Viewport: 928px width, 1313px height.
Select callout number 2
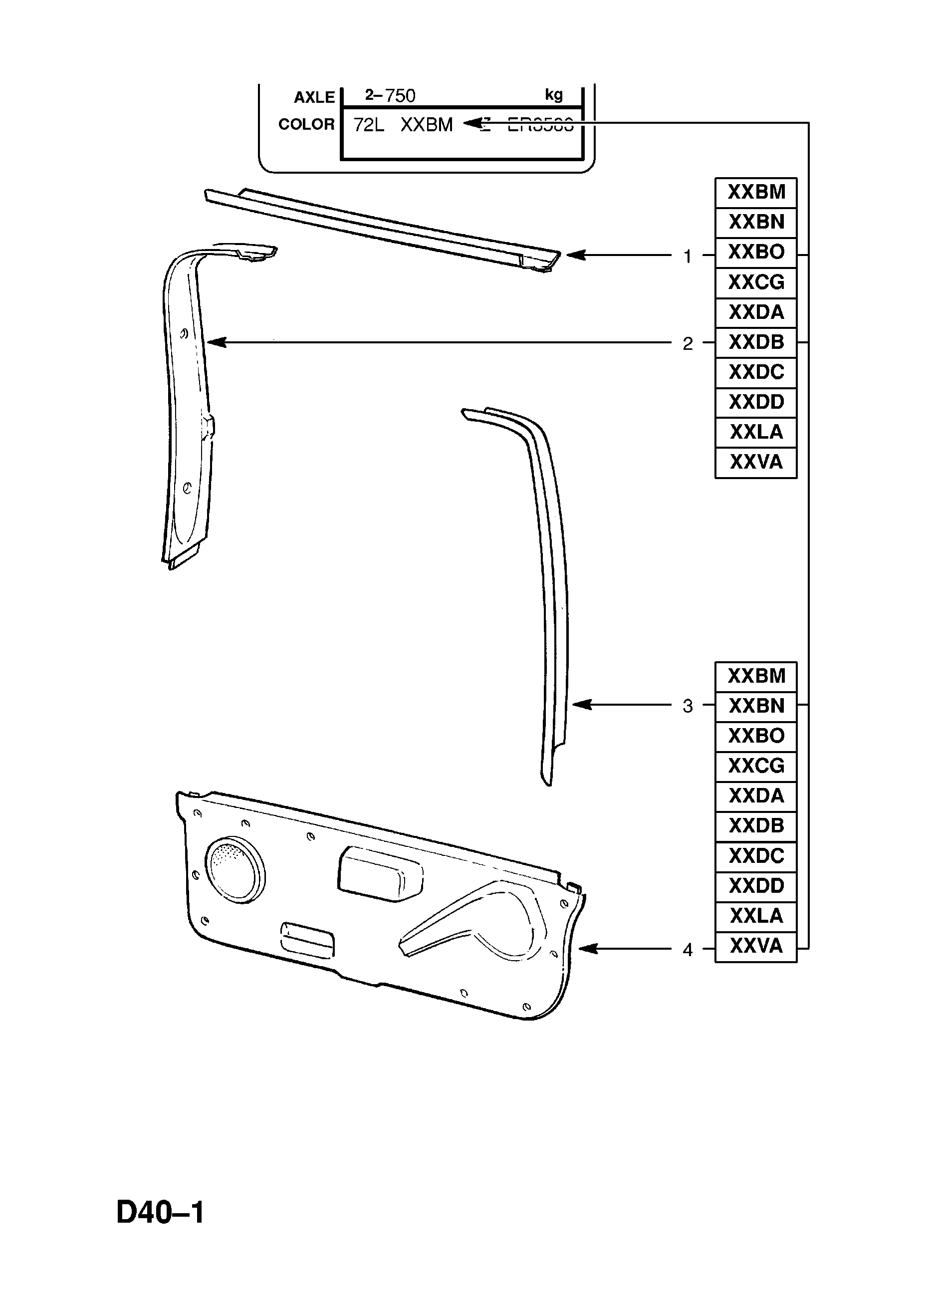click(688, 344)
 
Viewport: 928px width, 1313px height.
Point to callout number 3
click(688, 706)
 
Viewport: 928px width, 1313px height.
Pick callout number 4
click(688, 950)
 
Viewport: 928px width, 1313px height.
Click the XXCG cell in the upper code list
click(756, 282)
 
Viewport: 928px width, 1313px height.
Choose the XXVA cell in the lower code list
click(756, 946)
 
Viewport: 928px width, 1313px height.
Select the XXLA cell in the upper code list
click(756, 432)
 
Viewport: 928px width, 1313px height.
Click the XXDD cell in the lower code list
click(756, 886)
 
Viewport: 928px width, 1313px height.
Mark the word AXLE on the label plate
click(314, 98)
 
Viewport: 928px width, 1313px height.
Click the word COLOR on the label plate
click(306, 124)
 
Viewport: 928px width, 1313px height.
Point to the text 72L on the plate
click(369, 125)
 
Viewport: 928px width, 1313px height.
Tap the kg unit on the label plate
click(553, 95)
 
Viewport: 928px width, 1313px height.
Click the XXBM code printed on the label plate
click(427, 125)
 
